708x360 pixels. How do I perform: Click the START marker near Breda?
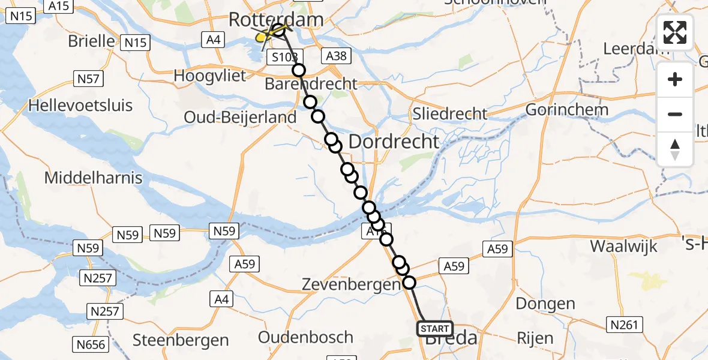point(434,329)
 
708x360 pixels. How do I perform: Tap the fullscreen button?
point(675,32)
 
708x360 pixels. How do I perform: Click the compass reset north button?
point(675,149)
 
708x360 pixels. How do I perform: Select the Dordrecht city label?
point(394,142)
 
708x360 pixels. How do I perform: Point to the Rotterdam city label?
point(276,20)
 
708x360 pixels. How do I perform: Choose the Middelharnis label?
point(94,178)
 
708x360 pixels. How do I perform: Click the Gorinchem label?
point(567,110)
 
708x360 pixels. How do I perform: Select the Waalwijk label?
point(623,246)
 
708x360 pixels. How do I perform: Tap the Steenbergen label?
point(181,340)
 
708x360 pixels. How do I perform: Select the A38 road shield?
point(336,56)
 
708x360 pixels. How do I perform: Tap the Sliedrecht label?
point(450,113)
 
